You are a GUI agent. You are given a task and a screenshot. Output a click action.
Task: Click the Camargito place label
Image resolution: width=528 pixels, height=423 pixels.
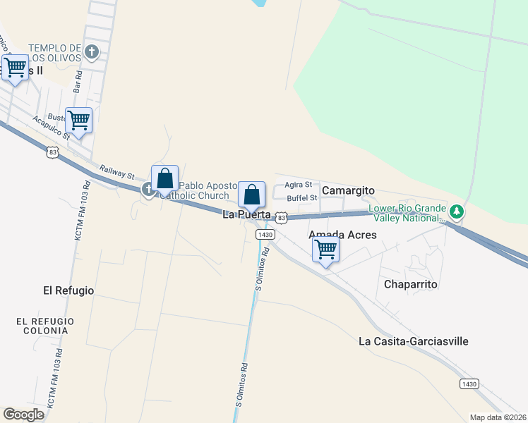pos(348,191)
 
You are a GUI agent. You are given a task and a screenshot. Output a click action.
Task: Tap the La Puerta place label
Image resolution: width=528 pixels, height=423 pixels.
pos(247,214)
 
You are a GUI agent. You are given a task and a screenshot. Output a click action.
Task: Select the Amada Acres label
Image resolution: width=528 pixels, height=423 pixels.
pos(343,235)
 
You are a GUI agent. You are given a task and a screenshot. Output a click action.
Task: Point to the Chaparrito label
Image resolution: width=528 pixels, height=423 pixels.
pos(412,284)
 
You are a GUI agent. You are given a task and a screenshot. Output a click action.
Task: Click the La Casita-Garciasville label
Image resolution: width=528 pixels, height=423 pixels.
pos(414,341)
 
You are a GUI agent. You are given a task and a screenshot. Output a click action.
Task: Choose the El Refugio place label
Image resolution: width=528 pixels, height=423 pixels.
pos(68,290)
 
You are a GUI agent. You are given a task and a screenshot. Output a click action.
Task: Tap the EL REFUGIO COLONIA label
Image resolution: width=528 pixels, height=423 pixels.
pos(45,326)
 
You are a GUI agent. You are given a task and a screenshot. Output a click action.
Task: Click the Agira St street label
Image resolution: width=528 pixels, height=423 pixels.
pos(299,185)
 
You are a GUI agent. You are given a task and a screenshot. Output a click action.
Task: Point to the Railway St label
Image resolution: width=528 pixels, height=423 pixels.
pos(117,171)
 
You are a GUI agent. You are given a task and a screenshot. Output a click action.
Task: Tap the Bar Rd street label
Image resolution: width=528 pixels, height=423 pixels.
pos(78,82)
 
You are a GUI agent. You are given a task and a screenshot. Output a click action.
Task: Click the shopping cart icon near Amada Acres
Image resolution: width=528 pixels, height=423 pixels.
pos(325,249)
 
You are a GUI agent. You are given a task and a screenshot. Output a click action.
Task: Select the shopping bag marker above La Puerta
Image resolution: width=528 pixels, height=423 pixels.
pos(251,194)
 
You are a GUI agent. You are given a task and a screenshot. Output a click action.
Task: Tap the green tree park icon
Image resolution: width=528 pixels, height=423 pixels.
pos(457,211)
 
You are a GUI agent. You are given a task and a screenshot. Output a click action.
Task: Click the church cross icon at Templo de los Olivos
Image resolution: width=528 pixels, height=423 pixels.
pos(92,51)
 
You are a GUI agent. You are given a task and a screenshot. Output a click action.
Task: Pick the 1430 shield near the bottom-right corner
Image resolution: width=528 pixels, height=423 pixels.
pos(469,384)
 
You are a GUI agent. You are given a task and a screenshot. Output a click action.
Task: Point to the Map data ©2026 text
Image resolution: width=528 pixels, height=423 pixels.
pos(498,417)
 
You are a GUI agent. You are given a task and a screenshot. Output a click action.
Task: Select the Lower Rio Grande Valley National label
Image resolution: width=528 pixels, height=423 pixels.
pos(407,214)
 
